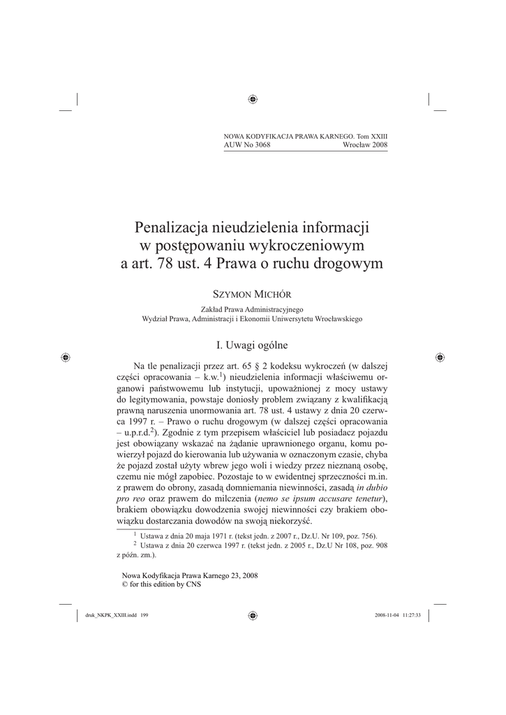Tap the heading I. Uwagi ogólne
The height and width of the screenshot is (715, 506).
253,344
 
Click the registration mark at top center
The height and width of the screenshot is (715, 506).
253,100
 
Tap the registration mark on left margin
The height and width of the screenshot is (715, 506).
65,357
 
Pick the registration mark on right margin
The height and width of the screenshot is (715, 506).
440,357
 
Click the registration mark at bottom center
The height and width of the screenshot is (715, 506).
253,615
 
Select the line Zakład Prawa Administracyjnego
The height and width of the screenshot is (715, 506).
253,309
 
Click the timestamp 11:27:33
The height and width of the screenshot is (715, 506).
410,615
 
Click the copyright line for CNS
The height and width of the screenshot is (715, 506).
161,584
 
